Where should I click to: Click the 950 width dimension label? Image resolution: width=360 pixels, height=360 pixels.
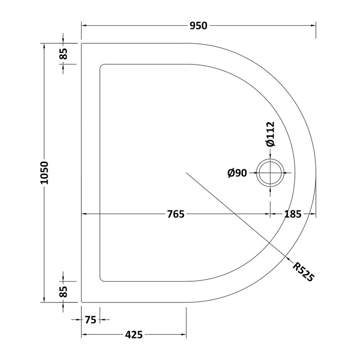[x=198, y=26]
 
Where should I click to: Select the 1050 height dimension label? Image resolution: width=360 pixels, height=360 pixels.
[x=44, y=173]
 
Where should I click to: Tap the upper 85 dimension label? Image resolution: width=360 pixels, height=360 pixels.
[x=63, y=54]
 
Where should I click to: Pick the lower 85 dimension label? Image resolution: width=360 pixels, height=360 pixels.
[x=63, y=292]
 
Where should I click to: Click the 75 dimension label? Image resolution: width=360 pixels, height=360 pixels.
[x=90, y=319]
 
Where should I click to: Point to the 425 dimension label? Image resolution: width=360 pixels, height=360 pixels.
[x=134, y=334]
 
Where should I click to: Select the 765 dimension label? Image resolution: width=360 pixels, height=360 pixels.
[x=175, y=214]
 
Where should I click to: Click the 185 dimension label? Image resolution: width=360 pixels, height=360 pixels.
[x=293, y=214]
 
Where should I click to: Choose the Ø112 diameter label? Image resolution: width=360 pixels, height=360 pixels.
[x=270, y=134]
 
